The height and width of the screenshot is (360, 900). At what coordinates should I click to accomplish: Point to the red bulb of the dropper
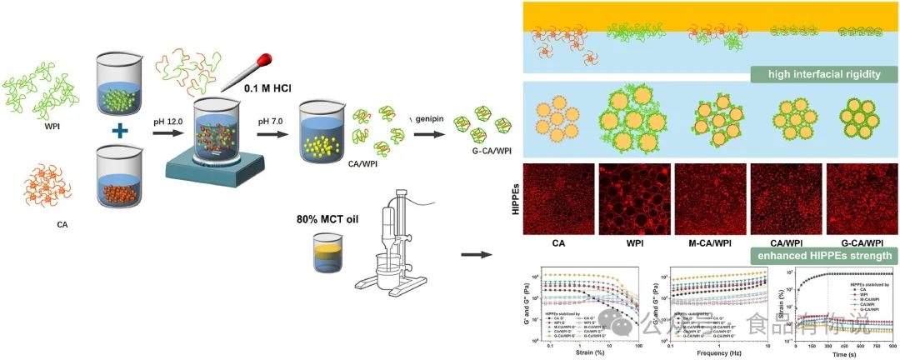tap(266, 59)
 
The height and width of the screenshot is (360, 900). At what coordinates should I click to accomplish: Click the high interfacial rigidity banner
tap(816, 75)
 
